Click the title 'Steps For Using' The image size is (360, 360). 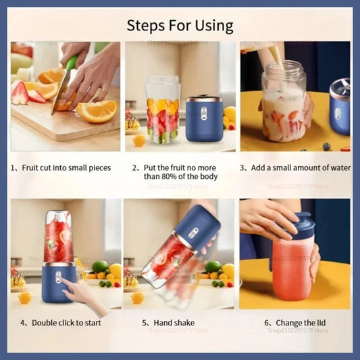tap(180, 26)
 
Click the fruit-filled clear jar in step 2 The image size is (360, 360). tap(162, 109)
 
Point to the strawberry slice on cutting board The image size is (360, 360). tap(20, 93)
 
